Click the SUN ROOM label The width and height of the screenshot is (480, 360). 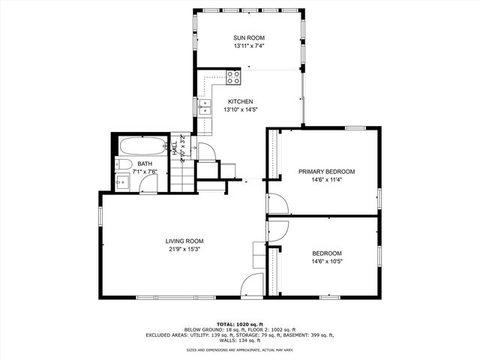click(248, 37)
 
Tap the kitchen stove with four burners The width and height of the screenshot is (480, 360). click(233, 75)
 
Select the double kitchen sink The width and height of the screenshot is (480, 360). click(203, 106)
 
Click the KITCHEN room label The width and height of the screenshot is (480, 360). click(241, 102)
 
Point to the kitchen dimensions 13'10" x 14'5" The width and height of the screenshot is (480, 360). click(241, 110)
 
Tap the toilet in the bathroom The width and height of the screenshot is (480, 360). click(125, 164)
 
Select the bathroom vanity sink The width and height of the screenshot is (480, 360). click(121, 180)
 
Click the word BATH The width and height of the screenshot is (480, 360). click(144, 163)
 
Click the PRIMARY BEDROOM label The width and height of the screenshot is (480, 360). click(326, 172)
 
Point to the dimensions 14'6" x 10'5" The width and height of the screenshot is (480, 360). click(326, 261)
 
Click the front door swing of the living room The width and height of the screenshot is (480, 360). click(253, 285)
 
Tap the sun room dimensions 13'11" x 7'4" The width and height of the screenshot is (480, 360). click(248, 46)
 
